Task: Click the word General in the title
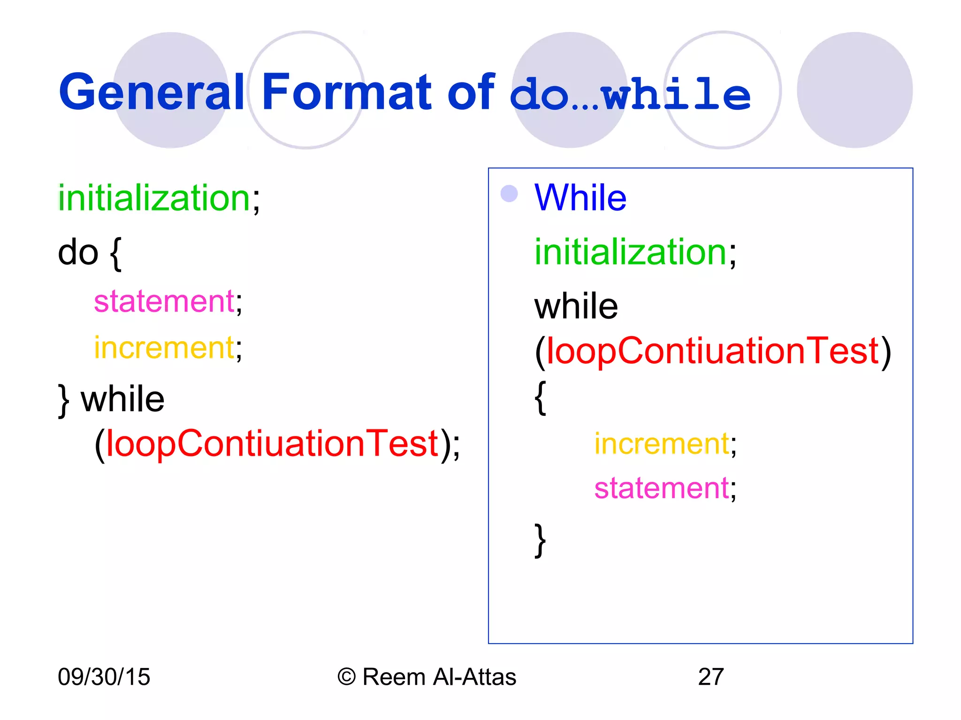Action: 151,92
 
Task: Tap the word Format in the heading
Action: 346,92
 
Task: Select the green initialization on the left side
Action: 154,199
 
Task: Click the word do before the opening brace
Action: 78,253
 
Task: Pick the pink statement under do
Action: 164,301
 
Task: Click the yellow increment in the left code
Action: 164,348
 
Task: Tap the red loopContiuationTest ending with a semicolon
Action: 272,443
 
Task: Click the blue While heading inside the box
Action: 580,198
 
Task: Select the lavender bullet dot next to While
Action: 509,194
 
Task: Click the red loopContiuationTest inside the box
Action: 712,351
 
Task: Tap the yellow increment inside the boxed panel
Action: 662,444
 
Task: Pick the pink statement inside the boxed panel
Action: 662,488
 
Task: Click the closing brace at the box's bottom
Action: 541,540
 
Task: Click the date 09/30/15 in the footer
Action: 104,677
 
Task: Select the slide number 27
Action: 711,677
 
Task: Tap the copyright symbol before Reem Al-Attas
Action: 347,677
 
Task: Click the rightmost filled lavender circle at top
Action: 854,90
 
